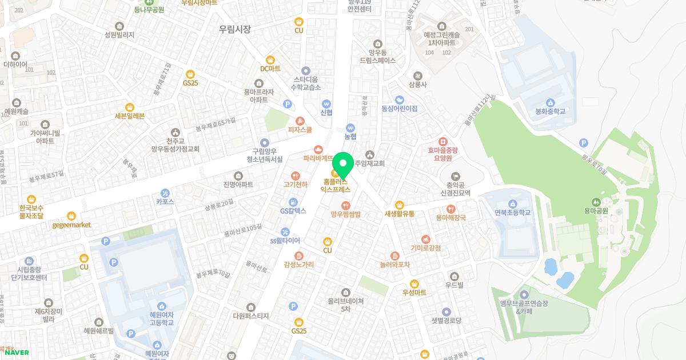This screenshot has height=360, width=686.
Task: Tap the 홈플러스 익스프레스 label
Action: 335,185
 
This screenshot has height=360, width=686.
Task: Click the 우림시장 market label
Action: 235,29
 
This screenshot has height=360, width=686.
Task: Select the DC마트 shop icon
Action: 270,58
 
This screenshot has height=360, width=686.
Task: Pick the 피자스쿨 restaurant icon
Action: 300,121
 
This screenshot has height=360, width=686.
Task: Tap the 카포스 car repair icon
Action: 165,192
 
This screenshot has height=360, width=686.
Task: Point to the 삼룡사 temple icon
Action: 418,75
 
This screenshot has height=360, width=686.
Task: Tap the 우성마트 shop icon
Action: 414,283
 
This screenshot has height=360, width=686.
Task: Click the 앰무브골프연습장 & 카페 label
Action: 524,307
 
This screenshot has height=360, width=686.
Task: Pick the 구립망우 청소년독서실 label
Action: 264,155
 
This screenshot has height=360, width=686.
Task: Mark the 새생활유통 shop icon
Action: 399,205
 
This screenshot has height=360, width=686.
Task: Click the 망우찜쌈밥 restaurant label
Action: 345,214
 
